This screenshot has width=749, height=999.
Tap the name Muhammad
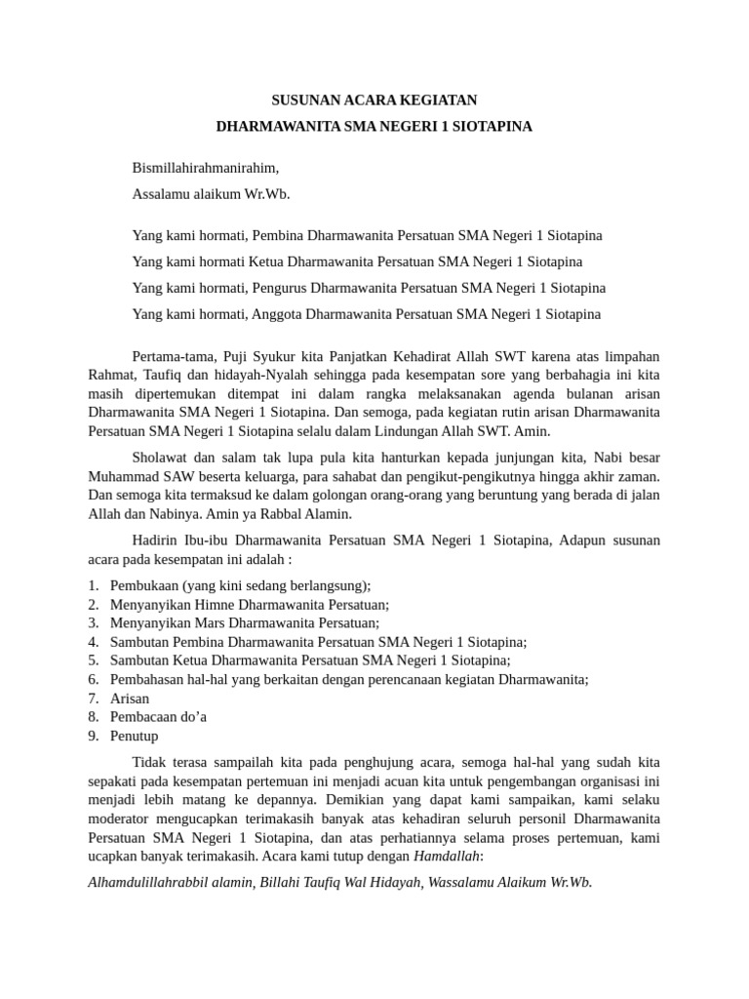122,476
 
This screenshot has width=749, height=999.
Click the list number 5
92,660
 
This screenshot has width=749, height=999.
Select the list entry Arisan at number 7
129,698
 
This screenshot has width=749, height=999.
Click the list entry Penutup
134,736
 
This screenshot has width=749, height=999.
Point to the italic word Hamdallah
448,857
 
